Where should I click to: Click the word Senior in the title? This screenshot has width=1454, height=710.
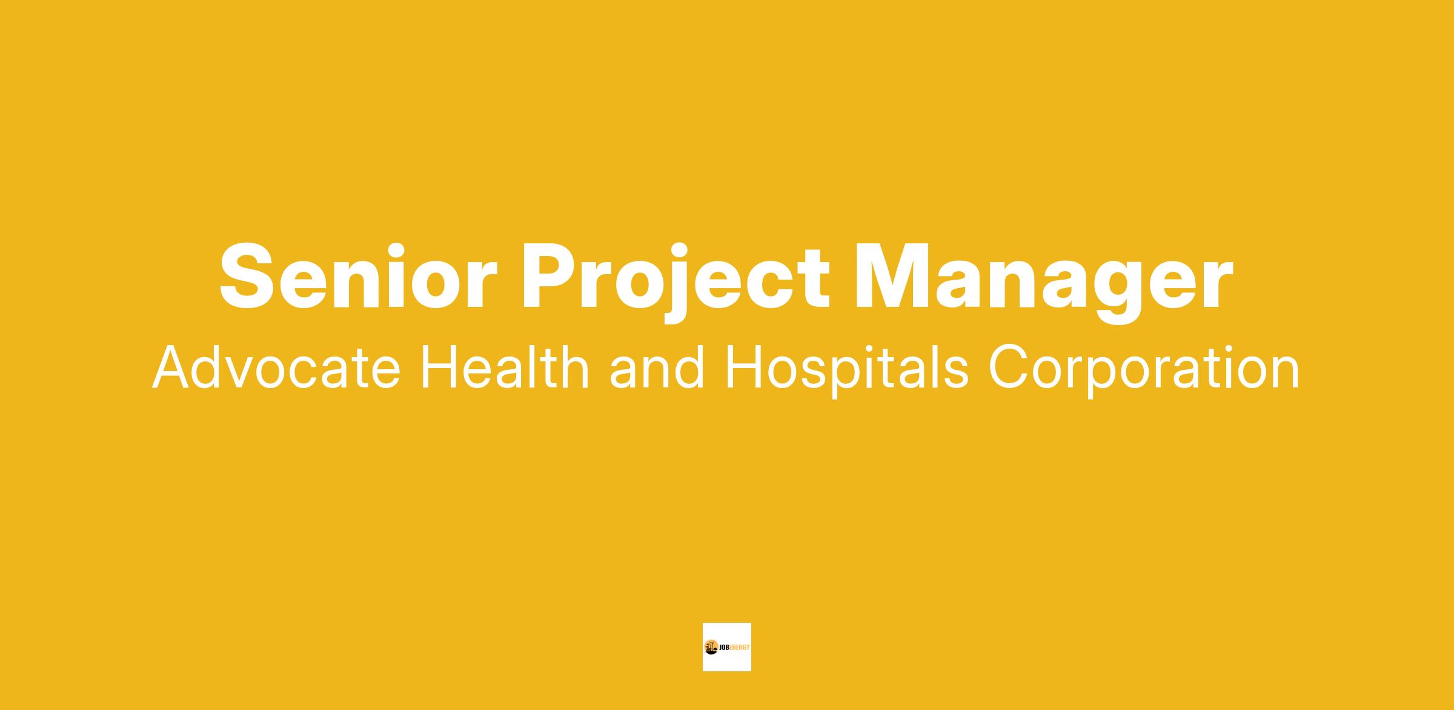coord(358,277)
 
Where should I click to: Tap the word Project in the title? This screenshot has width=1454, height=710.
coord(676,283)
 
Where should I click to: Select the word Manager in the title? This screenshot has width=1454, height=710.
coord(1044,283)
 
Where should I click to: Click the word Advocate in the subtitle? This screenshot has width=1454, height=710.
coord(276,367)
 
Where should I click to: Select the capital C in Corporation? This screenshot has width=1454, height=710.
coord(1009,367)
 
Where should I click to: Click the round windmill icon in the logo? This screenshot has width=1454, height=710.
coord(711,647)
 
